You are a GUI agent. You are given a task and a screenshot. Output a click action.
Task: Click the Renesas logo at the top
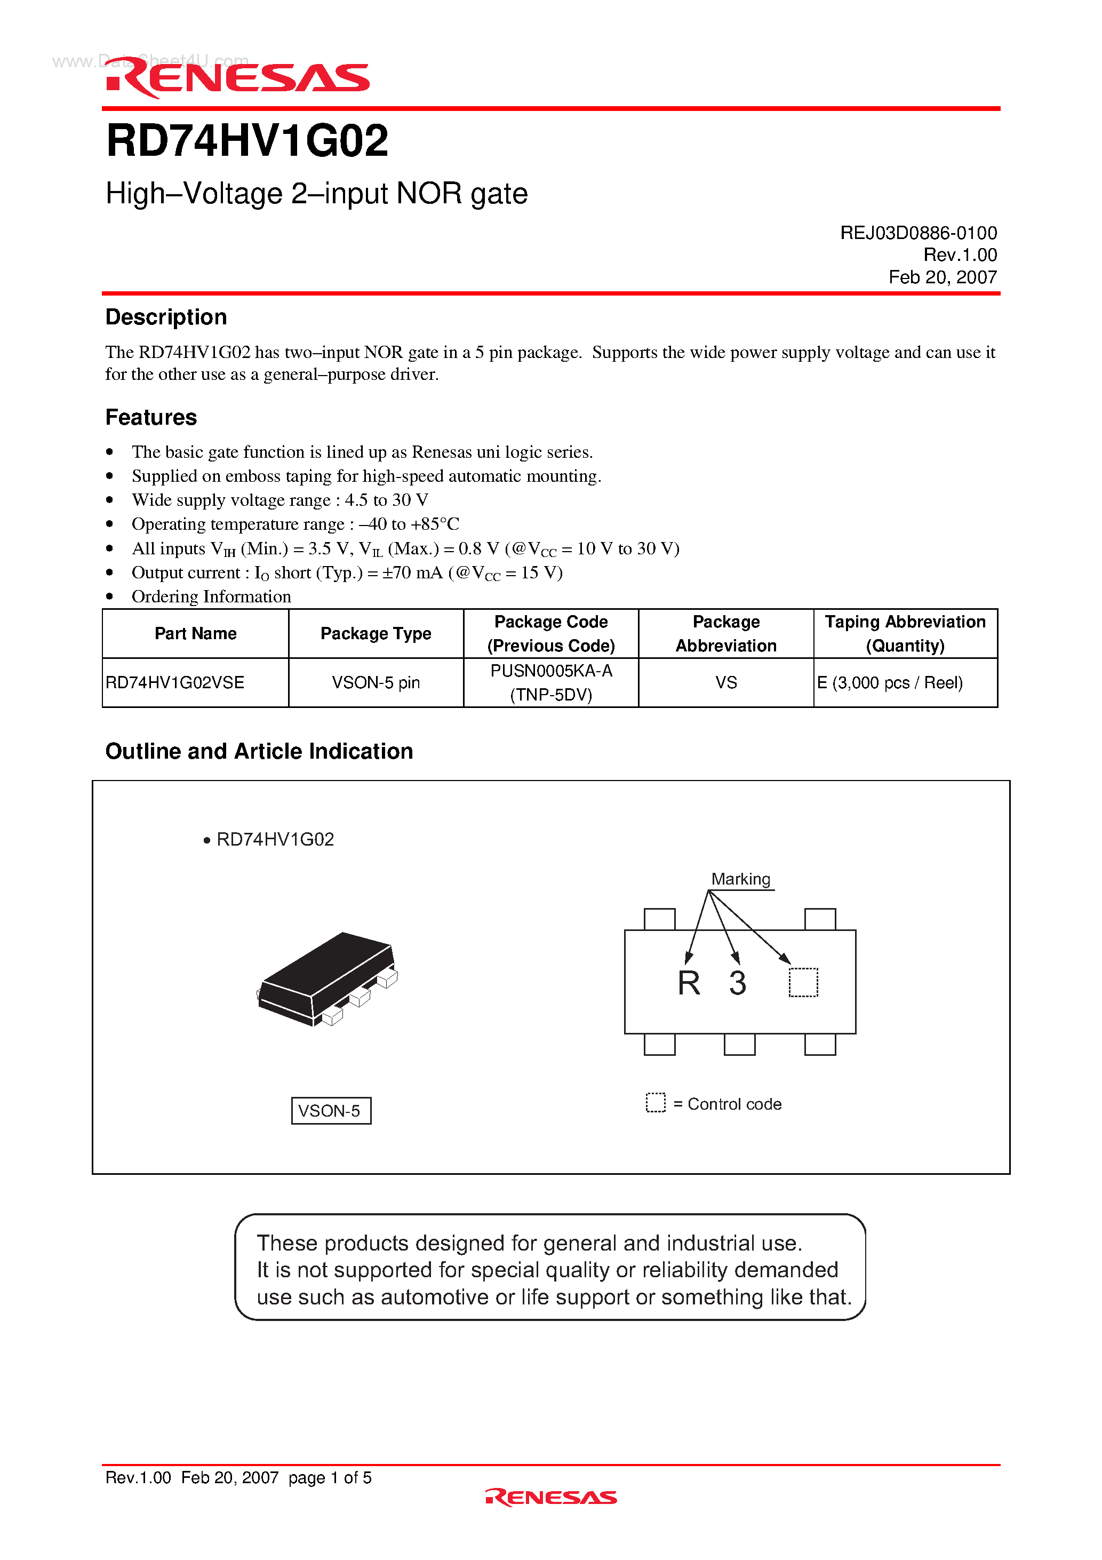pyautogui.click(x=238, y=77)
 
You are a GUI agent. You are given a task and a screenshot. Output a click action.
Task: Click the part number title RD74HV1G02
pyautogui.click(x=247, y=141)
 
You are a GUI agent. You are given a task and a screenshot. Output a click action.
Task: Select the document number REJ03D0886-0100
pyautogui.click(x=918, y=233)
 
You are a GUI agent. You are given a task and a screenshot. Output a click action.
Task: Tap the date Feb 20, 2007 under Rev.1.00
pyautogui.click(x=943, y=277)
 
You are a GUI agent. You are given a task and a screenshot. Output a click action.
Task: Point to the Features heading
pyautogui.click(x=151, y=417)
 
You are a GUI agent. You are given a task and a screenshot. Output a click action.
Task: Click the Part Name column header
pyautogui.click(x=196, y=633)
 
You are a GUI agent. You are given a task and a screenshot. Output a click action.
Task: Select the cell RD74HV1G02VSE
pyautogui.click(x=175, y=682)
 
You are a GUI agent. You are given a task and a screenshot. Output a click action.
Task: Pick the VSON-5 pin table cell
pyautogui.click(x=376, y=682)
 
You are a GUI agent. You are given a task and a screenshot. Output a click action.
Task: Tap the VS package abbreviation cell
pyautogui.click(x=725, y=682)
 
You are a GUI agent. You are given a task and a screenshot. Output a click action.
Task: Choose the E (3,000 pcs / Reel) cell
pyautogui.click(x=890, y=682)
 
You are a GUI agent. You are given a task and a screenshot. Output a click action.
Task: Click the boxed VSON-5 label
pyautogui.click(x=331, y=1111)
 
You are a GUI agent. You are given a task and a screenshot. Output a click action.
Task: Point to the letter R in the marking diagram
pyautogui.click(x=688, y=983)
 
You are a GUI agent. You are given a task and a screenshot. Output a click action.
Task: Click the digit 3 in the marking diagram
pyautogui.click(x=738, y=983)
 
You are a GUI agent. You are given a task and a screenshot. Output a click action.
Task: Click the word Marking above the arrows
pyautogui.click(x=740, y=879)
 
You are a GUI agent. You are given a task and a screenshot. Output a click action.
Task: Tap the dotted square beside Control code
pyautogui.click(x=656, y=1103)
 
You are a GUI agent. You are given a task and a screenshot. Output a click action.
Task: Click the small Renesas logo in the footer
pyautogui.click(x=551, y=1498)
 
